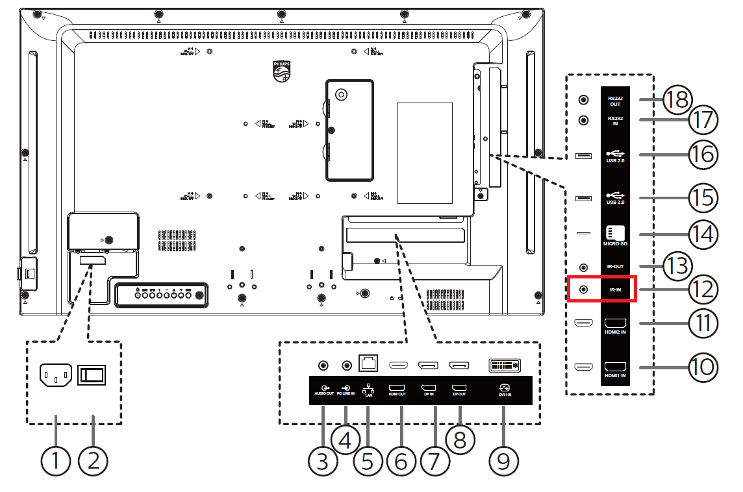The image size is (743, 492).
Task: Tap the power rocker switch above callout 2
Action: coord(92,375)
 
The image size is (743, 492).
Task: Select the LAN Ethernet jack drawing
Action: coord(370,364)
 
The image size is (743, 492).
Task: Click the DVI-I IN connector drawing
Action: coord(504,365)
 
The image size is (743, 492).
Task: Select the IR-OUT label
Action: coord(614,267)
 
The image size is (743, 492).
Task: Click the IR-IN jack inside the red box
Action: coord(583,289)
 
